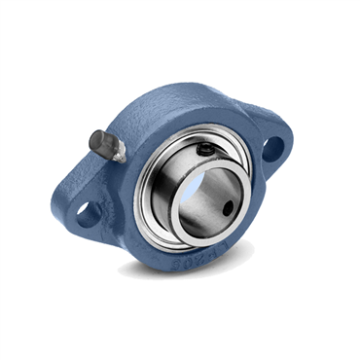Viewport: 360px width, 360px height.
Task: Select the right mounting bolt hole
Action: [273, 148]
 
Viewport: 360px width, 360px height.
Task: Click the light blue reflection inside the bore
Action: [199, 185]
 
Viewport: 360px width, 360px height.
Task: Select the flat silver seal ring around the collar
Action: [146, 209]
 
